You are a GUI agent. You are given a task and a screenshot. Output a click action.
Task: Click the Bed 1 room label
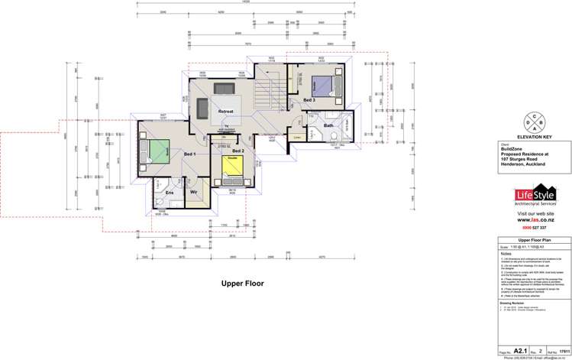point(189,154)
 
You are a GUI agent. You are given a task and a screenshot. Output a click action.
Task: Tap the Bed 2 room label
point(238,151)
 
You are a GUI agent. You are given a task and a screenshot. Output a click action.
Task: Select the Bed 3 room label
point(308,100)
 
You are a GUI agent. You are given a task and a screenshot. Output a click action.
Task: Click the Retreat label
point(225,112)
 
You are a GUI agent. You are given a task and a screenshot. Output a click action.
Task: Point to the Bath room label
point(328,125)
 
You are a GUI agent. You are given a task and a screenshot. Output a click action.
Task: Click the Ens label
point(170,193)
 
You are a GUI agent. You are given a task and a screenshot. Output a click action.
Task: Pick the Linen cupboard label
point(298,138)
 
